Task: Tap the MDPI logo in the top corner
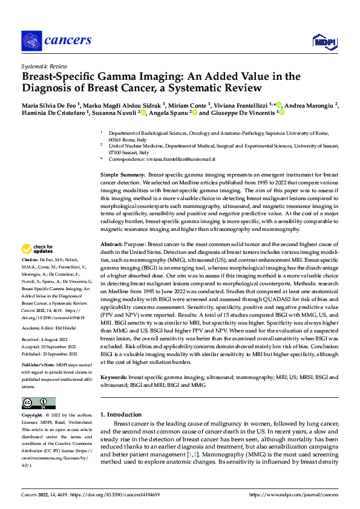point(324,41)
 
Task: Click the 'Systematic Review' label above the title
point(44,65)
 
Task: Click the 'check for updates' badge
point(38,249)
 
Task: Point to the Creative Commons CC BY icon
point(38,403)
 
